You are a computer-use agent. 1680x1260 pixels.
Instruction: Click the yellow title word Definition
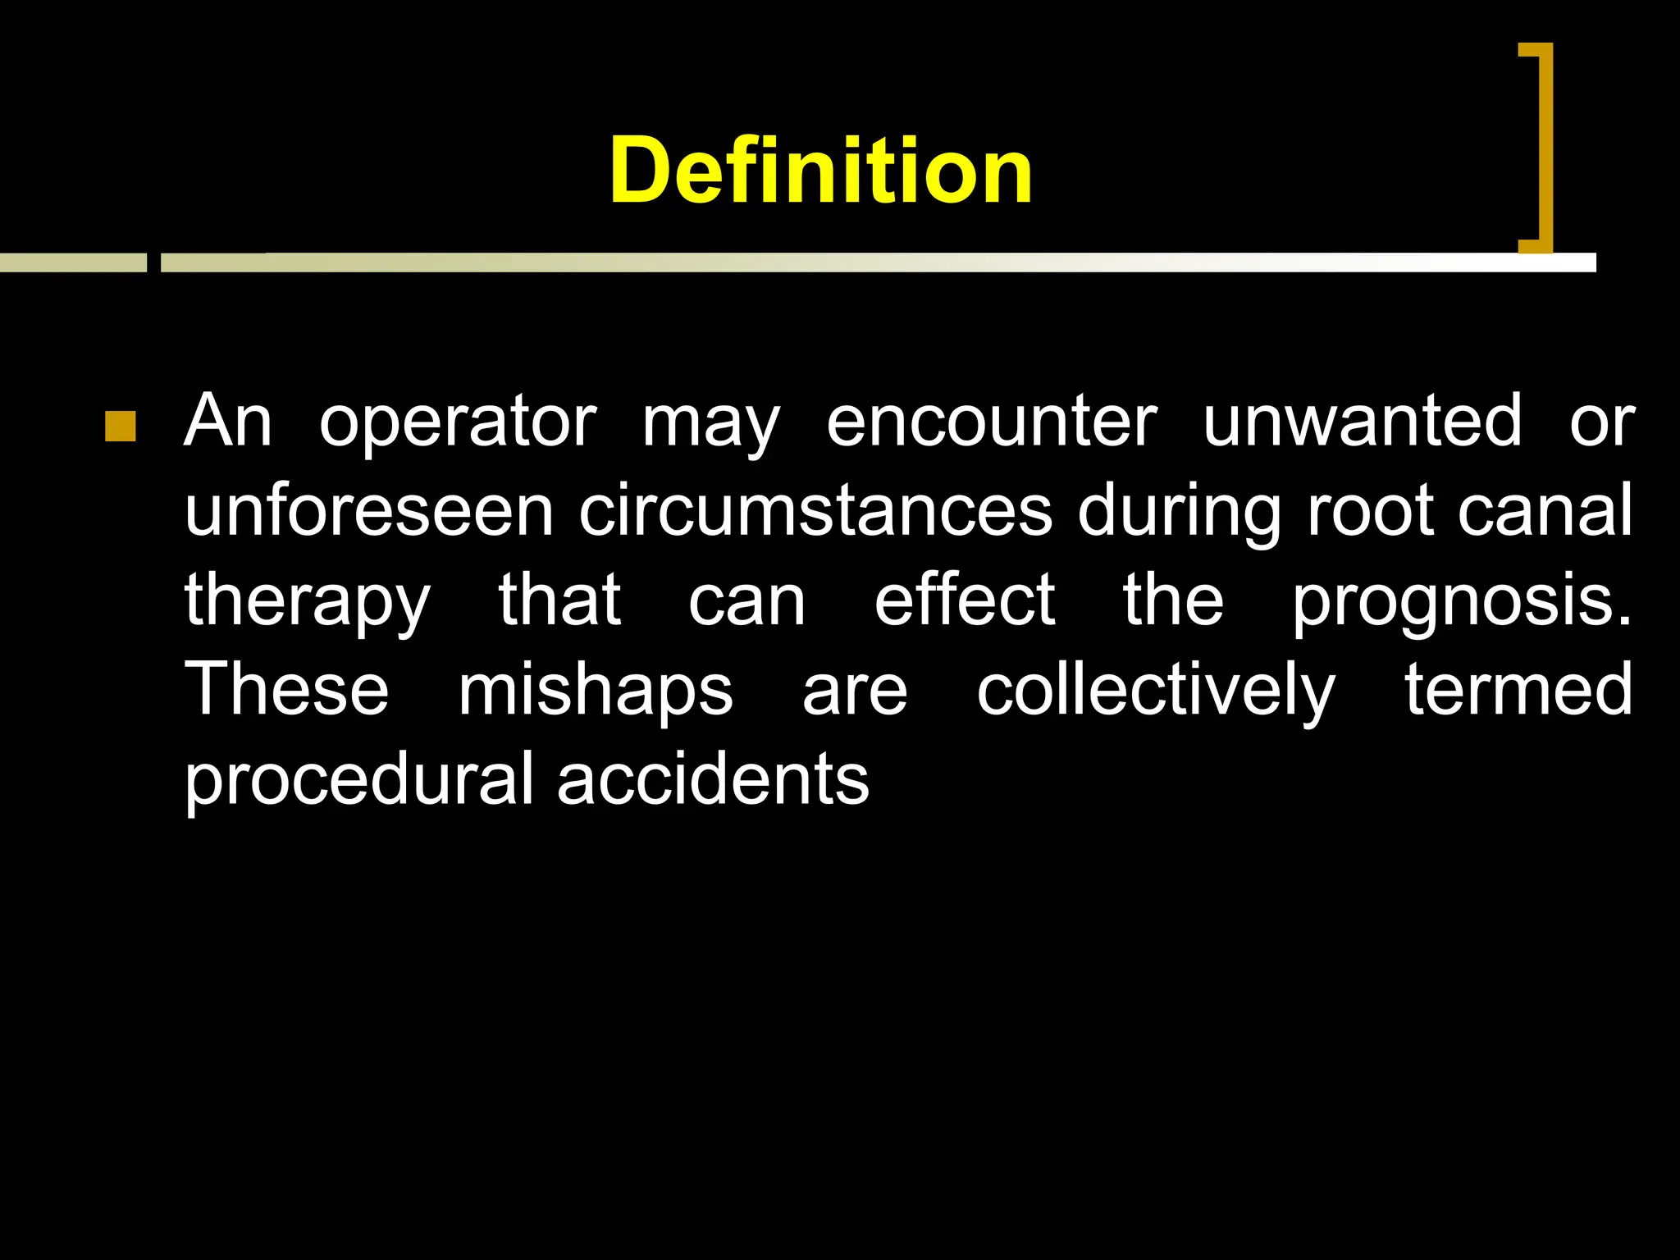[x=820, y=171]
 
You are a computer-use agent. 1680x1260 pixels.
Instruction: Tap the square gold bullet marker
[x=121, y=427]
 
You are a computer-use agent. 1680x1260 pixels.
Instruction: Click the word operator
[x=458, y=422]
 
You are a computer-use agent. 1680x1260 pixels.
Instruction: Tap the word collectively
[x=1156, y=692]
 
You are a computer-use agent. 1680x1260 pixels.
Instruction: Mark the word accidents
[x=713, y=779]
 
